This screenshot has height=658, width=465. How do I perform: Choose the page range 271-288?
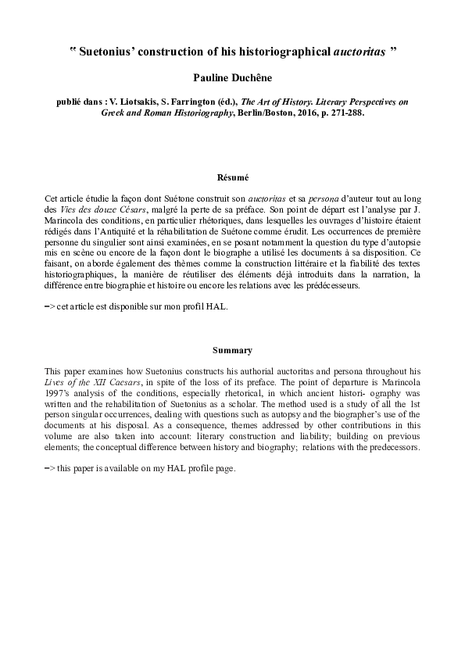(349, 113)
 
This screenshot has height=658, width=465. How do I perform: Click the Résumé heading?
(232, 177)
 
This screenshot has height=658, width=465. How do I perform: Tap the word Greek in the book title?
(114, 113)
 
